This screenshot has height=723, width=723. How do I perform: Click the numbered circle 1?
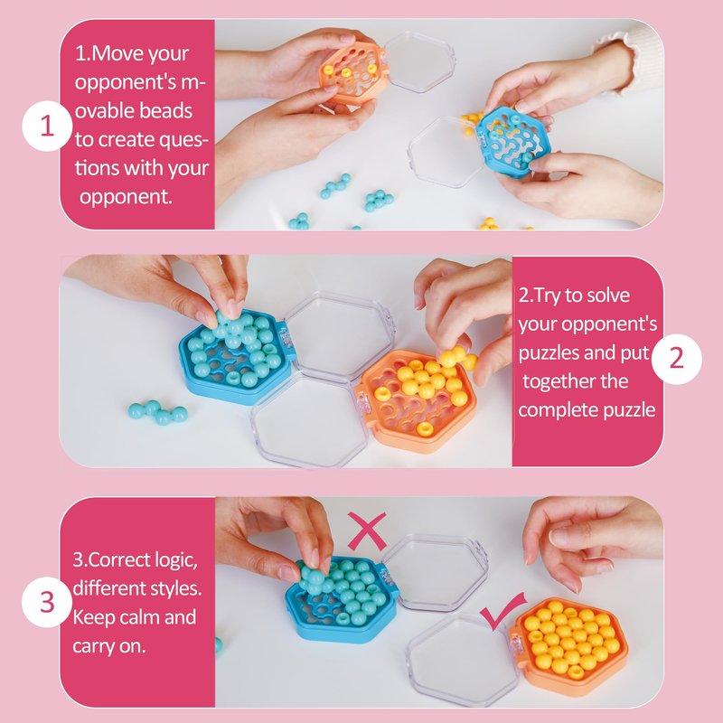tap(47, 126)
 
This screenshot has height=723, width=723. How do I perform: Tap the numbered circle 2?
tap(676, 359)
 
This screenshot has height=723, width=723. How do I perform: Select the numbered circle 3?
tap(47, 602)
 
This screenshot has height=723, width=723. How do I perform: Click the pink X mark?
tap(367, 531)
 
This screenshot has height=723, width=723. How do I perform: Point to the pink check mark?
tap(502, 611)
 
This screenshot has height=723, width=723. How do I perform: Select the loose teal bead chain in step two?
tap(157, 412)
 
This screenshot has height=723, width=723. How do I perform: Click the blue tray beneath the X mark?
tap(343, 598)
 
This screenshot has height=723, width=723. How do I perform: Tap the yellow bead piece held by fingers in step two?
tap(457, 358)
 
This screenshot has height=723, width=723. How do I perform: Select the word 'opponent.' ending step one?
tap(126, 197)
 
